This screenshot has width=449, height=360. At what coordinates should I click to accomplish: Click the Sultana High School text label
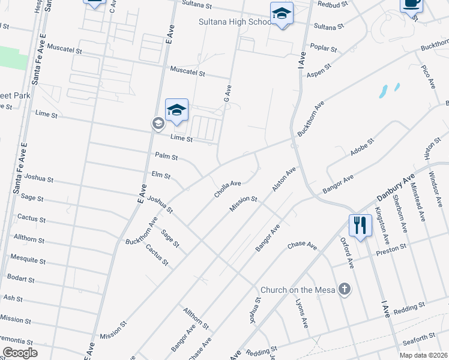coord(236,22)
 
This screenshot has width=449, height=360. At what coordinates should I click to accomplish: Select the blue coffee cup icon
coord(412,4)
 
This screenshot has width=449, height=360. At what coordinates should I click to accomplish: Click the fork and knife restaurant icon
coord(360,226)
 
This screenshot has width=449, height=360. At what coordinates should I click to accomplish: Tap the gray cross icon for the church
coord(344,290)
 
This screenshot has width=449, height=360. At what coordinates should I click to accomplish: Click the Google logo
coord(20,353)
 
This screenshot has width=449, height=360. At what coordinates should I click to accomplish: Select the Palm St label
coord(166,157)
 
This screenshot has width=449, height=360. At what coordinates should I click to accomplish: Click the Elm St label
coord(161,176)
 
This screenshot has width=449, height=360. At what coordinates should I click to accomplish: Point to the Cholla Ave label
coord(228,188)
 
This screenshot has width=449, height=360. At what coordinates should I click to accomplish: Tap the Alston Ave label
coord(284,179)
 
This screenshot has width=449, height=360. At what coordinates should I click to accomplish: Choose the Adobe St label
coord(362,148)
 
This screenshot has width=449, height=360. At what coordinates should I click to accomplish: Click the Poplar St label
coord(321,46)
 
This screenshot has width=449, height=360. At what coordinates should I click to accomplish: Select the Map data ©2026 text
coord(423,355)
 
